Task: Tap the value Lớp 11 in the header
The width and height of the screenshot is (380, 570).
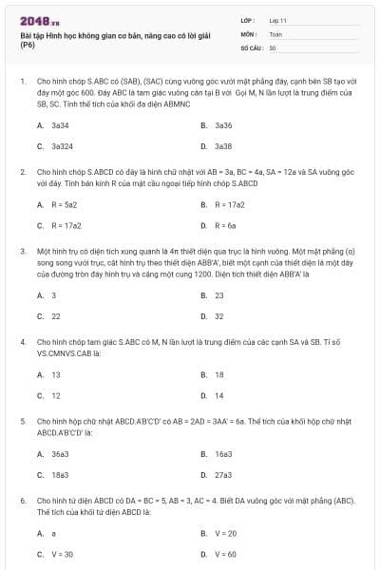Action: coord(277,19)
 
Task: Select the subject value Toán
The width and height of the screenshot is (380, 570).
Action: coord(275,33)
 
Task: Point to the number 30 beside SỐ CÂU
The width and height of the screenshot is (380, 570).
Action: coord(273,47)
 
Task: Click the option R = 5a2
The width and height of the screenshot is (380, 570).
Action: coord(64,204)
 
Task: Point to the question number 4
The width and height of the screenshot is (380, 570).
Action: coord(22,339)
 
